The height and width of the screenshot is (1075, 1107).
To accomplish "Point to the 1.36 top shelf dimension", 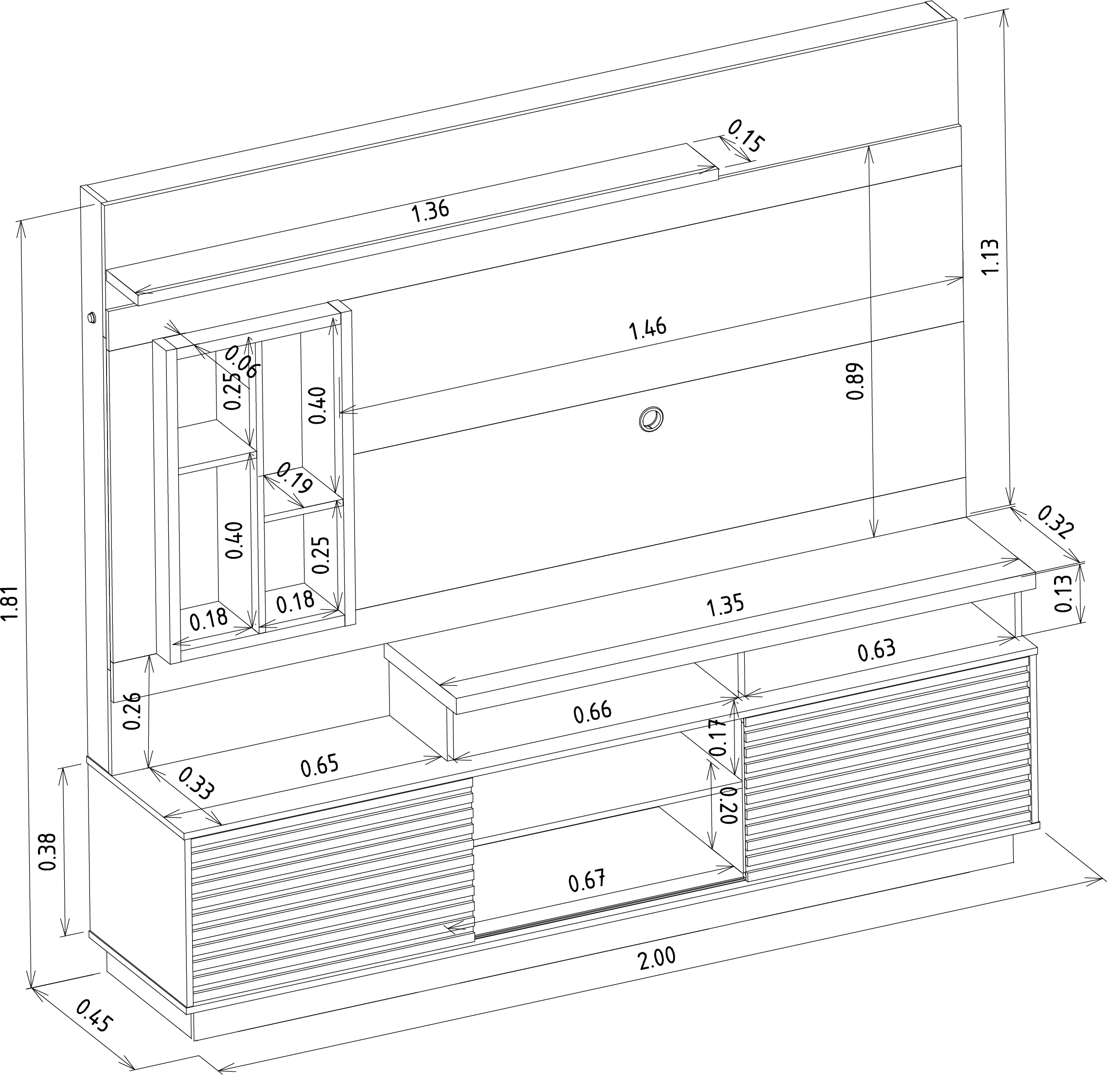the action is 430,211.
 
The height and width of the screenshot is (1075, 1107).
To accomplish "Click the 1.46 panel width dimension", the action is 648,329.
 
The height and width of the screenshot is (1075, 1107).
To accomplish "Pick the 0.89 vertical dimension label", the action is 855,381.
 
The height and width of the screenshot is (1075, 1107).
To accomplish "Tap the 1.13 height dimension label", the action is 990,256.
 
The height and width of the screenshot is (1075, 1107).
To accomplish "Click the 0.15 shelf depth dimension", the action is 746,136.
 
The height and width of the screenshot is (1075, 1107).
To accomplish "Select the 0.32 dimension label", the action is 1054,522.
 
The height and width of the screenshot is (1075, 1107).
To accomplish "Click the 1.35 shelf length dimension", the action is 725,606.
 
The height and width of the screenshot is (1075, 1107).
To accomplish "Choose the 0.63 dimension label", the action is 876,650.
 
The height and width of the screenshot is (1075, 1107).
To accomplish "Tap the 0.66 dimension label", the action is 592,712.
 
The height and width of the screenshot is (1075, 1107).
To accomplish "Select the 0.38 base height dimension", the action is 49,852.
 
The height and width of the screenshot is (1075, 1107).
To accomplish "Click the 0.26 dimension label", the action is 132,711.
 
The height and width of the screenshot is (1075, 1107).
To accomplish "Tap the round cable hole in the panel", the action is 651,419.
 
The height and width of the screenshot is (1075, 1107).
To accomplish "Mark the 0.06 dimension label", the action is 242,361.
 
